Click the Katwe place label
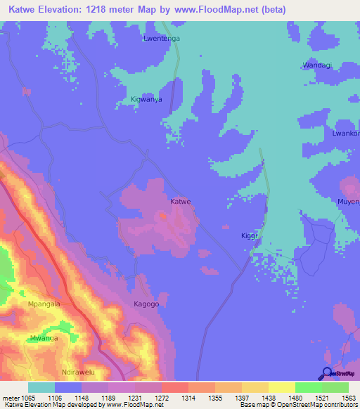point(181,202)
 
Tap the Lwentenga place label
point(162,39)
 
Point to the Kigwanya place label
point(146,100)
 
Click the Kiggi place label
point(249,235)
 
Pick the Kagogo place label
point(147,304)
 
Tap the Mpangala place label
point(44,304)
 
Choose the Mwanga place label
point(44,338)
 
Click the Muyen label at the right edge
point(349,202)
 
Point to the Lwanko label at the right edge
point(346,134)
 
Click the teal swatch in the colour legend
point(41,387)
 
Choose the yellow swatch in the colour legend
point(281,387)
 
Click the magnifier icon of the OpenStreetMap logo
point(326,372)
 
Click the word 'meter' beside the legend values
point(11,398)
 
